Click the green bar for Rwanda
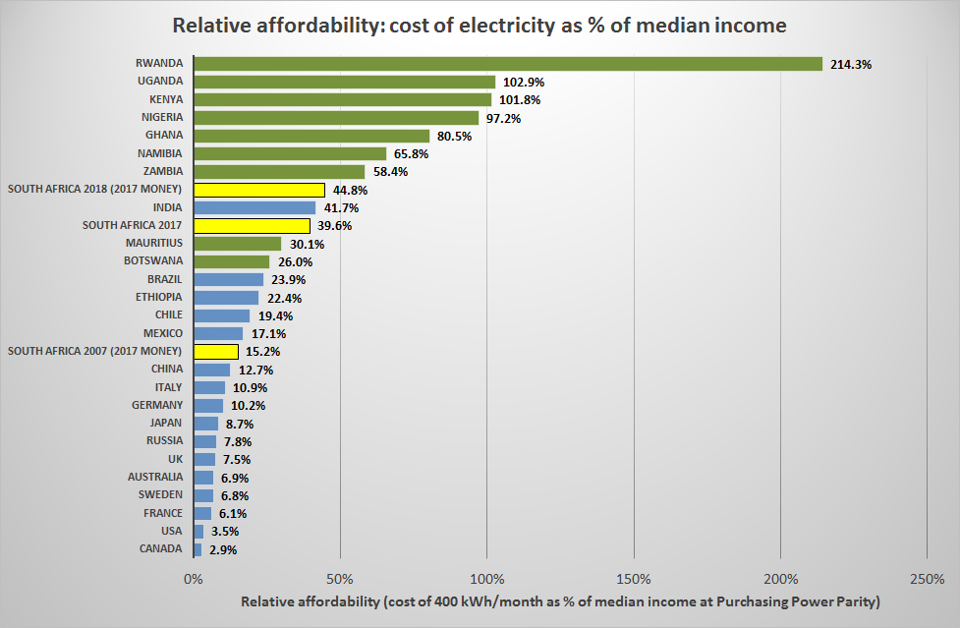507,64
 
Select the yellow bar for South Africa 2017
252,225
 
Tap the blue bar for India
254,207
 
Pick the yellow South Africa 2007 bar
216,351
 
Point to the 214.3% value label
851,64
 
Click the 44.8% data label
348,190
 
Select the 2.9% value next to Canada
223,549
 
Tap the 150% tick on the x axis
635,578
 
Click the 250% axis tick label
928,578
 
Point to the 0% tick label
194,578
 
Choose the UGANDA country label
160,82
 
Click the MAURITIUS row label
154,243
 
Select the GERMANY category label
157,405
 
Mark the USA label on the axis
170,531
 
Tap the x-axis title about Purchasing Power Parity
560,600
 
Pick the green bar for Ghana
311,136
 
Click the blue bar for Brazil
228,279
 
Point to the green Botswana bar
231,261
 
